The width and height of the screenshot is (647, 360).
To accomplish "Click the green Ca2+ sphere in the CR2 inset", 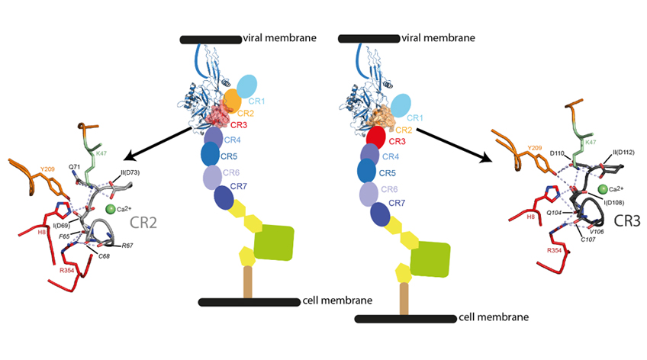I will pos(111,208).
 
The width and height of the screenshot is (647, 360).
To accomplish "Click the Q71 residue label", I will pos(75,166).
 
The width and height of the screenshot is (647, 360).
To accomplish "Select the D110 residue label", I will pos(558,153).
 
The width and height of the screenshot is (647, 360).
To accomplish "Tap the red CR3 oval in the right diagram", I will pos(375,138).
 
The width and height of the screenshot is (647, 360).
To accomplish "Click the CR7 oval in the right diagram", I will pos(378,214).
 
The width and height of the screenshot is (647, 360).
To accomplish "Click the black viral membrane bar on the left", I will pos(210,39).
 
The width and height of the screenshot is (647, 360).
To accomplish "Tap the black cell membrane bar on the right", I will pos(405,318).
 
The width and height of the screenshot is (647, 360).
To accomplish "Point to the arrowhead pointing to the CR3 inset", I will pos(484,159).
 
